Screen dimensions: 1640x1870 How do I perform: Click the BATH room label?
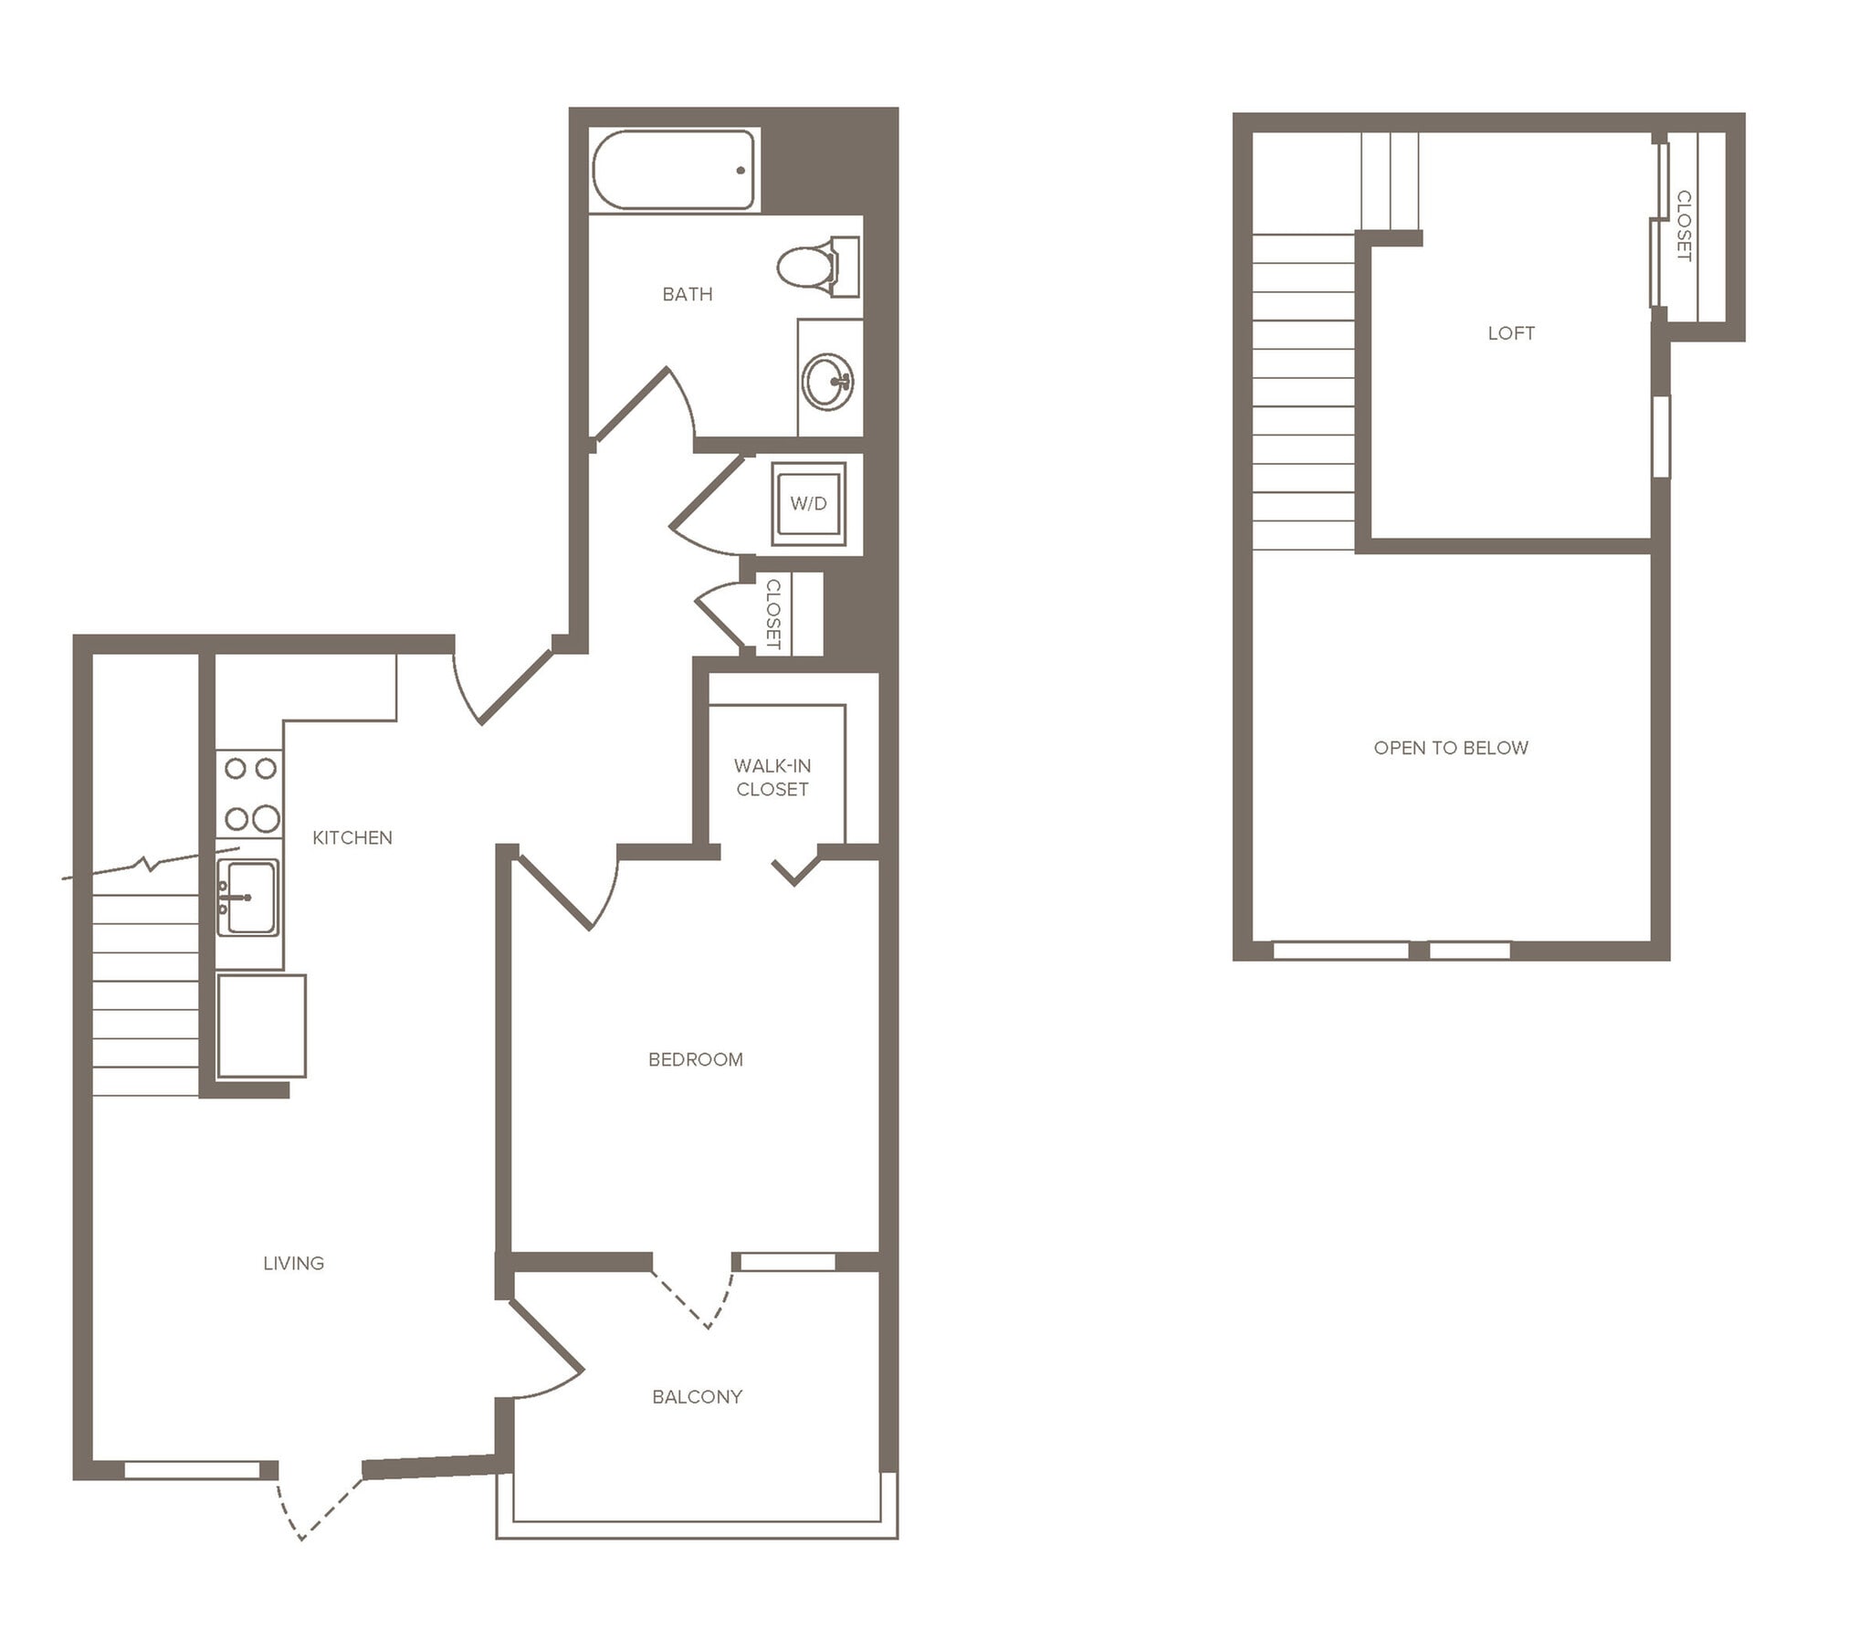[x=687, y=294]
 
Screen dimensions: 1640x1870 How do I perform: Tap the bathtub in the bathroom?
[x=673, y=170]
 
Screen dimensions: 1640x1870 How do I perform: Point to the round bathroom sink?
[x=828, y=381]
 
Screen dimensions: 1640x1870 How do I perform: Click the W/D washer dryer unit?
[x=808, y=503]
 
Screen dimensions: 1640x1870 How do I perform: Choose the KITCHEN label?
[x=352, y=837]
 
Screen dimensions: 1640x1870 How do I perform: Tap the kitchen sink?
[x=248, y=897]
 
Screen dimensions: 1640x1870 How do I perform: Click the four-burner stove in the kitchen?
[x=251, y=794]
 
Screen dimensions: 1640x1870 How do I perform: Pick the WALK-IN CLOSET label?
[x=772, y=777]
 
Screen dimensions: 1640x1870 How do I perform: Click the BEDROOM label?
[x=695, y=1059]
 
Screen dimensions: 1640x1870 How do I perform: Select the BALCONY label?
[x=697, y=1396]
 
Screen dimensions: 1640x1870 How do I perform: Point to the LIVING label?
[x=293, y=1263]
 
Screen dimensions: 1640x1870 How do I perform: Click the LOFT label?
[x=1510, y=333]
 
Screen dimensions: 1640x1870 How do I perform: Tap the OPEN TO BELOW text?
[x=1450, y=748]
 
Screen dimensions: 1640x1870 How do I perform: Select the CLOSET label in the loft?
[x=1684, y=226]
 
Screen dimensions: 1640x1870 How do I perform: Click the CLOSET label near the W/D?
[x=773, y=613]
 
